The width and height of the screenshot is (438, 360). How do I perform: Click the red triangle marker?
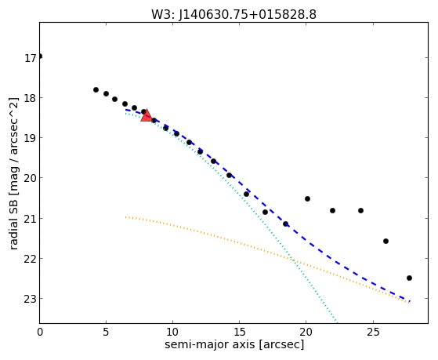click(146, 115)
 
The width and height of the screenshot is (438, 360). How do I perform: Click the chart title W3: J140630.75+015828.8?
click(233, 15)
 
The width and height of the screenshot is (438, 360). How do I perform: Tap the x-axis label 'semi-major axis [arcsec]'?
click(234, 344)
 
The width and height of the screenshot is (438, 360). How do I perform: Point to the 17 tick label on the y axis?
click(31, 58)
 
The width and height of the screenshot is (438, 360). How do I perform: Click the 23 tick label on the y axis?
click(31, 299)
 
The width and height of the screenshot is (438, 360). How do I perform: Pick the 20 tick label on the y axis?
click(31, 178)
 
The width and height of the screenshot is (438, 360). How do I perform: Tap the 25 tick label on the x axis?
click(373, 332)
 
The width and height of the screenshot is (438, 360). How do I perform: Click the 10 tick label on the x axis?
click(172, 332)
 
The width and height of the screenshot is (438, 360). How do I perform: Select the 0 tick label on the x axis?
click(40, 332)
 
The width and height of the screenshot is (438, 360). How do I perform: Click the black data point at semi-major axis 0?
click(40, 56)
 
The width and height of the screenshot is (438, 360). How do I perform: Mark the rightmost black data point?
click(409, 278)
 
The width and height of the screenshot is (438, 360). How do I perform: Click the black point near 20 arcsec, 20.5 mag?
click(307, 199)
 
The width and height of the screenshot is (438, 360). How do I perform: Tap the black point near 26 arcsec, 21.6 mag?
click(386, 241)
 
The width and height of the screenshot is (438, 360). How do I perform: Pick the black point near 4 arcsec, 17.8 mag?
click(96, 89)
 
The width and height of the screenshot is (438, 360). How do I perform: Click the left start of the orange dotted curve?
click(126, 216)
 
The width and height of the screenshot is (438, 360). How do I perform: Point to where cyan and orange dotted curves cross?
click(293, 260)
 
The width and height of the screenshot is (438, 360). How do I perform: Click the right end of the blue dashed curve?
click(410, 301)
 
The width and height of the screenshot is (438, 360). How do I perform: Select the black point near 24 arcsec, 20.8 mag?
click(360, 210)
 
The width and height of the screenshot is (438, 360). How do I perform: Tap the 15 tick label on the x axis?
click(239, 332)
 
